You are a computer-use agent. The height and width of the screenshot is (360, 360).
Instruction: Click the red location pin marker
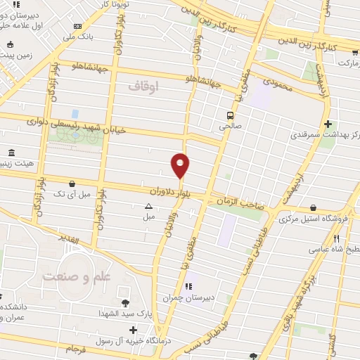[x=180, y=165]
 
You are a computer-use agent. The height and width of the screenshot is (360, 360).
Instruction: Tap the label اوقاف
[x=146, y=86]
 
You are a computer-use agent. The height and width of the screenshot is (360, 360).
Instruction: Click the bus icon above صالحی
[x=229, y=115]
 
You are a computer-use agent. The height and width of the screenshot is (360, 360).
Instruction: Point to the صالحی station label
[x=229, y=127]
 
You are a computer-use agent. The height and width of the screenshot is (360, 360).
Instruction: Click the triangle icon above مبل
[x=148, y=206]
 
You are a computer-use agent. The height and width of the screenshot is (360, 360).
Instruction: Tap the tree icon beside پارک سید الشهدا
[x=126, y=303]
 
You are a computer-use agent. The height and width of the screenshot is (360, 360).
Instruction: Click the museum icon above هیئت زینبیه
[x=11, y=153]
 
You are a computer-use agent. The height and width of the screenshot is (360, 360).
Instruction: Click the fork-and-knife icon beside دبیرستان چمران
[x=189, y=286]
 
